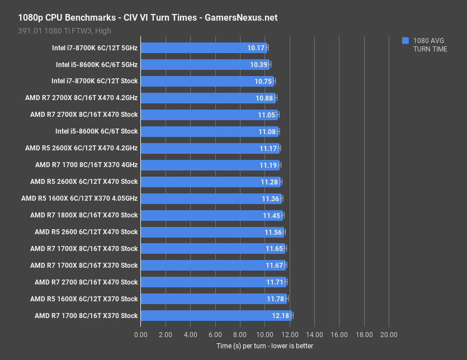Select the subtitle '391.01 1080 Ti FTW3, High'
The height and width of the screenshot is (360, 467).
pos(64,31)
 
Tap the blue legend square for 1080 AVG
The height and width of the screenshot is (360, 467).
pos(405,40)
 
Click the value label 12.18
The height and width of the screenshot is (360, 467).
pos(281,316)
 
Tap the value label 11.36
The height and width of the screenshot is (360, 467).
pos(271,198)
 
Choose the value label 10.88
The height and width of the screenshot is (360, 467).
pos(265,98)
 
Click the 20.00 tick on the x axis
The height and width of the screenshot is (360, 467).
pos(389,334)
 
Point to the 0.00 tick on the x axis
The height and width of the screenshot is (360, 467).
pos(141,334)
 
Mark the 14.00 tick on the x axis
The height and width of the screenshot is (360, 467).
pos(314,334)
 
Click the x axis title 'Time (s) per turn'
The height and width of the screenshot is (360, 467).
pos(265,346)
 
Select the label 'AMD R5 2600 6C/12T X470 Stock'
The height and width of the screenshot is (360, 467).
pos(86,232)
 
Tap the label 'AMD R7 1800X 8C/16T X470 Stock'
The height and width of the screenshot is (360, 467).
pos(84,215)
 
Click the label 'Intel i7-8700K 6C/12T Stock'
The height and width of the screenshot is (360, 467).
pos(95,81)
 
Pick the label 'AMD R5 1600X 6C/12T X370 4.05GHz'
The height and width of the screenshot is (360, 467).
pos(79,198)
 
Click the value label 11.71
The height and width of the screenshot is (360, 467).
pos(275,282)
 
